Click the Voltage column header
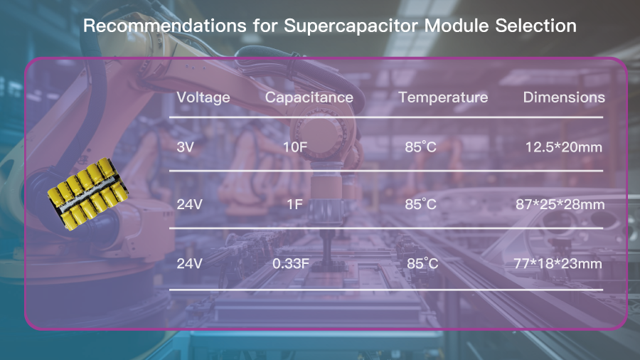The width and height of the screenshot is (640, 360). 203,98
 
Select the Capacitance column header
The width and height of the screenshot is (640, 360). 309,97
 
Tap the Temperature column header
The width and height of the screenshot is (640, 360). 443,97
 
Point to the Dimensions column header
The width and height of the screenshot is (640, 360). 564,97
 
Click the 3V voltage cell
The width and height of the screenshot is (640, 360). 185,147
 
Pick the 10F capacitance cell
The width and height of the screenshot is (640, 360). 295,147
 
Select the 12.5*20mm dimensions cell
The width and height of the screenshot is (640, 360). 563,147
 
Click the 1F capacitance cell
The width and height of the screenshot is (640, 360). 294,204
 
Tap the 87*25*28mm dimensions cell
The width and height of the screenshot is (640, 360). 560,204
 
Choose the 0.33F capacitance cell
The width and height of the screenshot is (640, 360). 291,264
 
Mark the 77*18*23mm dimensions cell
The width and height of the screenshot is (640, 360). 558,264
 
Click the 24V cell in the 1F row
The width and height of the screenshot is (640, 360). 189,204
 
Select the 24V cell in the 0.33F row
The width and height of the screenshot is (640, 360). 189,264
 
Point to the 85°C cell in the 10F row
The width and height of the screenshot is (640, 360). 420,147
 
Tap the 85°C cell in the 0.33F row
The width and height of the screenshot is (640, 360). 422,264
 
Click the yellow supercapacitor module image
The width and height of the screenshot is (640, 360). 87,194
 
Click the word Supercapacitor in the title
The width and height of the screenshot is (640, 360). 351,26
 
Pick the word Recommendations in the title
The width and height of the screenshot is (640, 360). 165,26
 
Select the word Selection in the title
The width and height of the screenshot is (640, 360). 536,26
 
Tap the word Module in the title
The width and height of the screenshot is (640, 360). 457,26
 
